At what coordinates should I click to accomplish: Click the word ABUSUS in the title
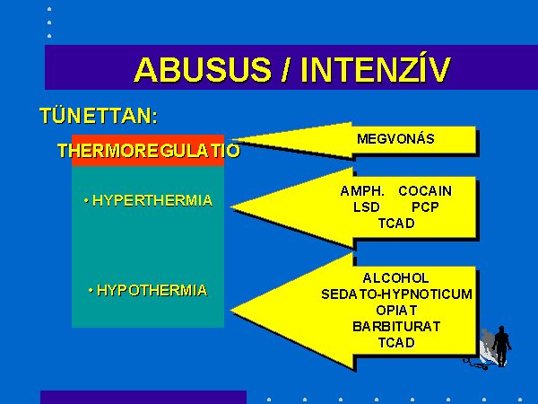click(x=203, y=70)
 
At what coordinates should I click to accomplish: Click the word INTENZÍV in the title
click(x=376, y=69)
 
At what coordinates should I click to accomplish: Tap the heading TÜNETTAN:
click(x=99, y=116)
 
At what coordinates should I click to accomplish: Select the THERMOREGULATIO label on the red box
click(x=149, y=151)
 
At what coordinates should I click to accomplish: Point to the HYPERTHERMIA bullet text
click(x=152, y=200)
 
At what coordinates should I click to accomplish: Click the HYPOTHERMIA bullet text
click(x=152, y=291)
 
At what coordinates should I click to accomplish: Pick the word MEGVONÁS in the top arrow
click(x=395, y=139)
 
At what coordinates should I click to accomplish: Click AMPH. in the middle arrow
click(x=362, y=191)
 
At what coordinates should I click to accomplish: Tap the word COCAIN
click(x=425, y=191)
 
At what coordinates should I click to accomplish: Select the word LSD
click(x=367, y=207)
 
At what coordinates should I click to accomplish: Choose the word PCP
click(x=425, y=207)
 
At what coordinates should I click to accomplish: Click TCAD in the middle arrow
click(x=396, y=224)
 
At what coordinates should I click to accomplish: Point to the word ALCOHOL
click(x=396, y=278)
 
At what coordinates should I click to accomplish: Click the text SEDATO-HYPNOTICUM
click(x=396, y=294)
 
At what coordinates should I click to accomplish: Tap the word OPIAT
click(x=396, y=311)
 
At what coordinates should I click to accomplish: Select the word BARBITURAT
click(x=396, y=327)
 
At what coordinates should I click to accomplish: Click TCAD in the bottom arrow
click(x=396, y=343)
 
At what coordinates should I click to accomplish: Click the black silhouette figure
click(x=501, y=347)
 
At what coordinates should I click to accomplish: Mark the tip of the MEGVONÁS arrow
click(x=230, y=140)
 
